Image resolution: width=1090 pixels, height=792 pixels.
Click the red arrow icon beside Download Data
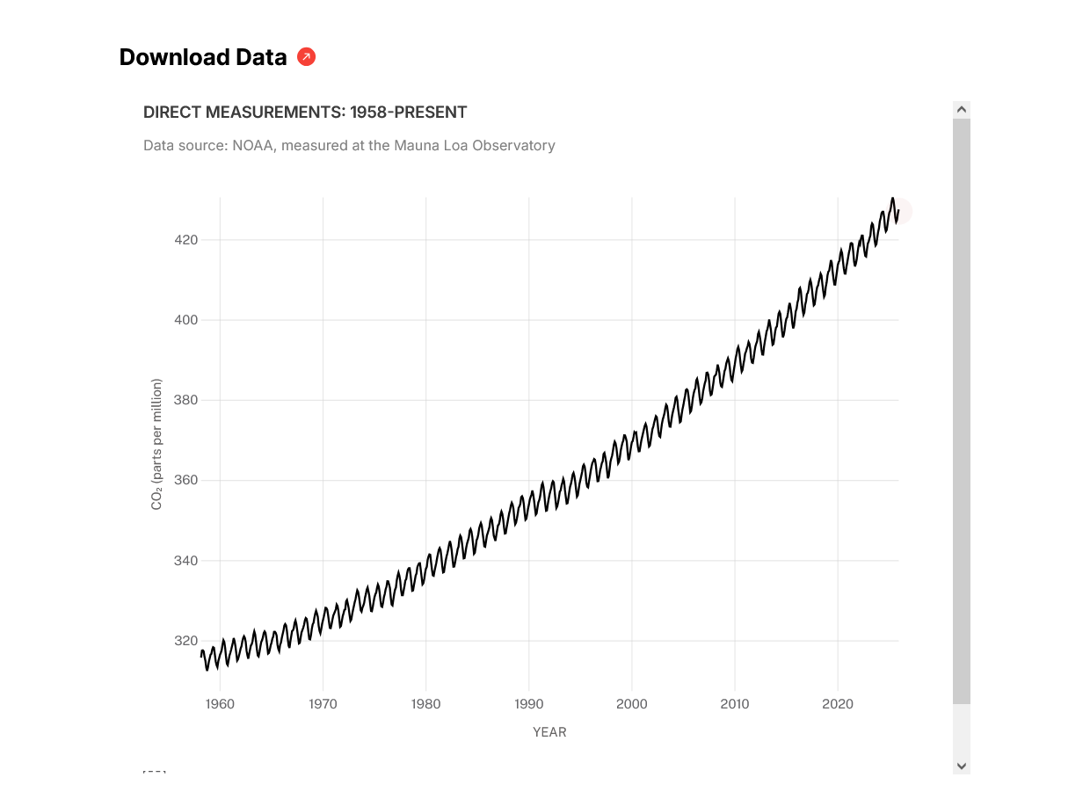coord(306,57)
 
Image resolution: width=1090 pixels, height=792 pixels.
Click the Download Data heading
coord(202,57)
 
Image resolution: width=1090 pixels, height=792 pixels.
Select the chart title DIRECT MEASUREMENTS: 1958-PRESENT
coord(305,113)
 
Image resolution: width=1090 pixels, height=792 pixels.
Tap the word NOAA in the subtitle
coord(253,145)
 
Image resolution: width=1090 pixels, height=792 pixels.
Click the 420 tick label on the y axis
coord(185,240)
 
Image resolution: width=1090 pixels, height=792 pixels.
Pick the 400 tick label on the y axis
coord(185,320)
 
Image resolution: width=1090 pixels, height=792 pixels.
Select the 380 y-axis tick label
coord(185,400)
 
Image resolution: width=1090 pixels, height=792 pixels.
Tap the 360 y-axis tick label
coord(185,481)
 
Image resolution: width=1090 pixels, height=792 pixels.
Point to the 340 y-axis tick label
coord(185,561)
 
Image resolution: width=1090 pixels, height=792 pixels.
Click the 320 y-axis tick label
coord(185,641)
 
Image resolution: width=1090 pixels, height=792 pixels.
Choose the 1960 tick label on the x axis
coord(220,704)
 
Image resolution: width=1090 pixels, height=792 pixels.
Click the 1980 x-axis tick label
coord(425,704)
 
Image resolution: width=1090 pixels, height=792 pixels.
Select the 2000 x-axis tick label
coord(632,704)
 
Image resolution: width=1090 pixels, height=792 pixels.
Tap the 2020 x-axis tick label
coord(838,704)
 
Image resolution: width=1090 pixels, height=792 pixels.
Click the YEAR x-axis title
coord(549,732)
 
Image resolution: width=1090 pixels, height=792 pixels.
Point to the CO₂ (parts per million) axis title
coord(157,444)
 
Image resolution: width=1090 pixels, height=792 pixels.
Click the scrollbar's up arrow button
coord(962,110)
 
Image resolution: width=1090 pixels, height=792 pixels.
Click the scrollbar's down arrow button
coord(962,766)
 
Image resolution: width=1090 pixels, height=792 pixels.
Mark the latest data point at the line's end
coord(898,211)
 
